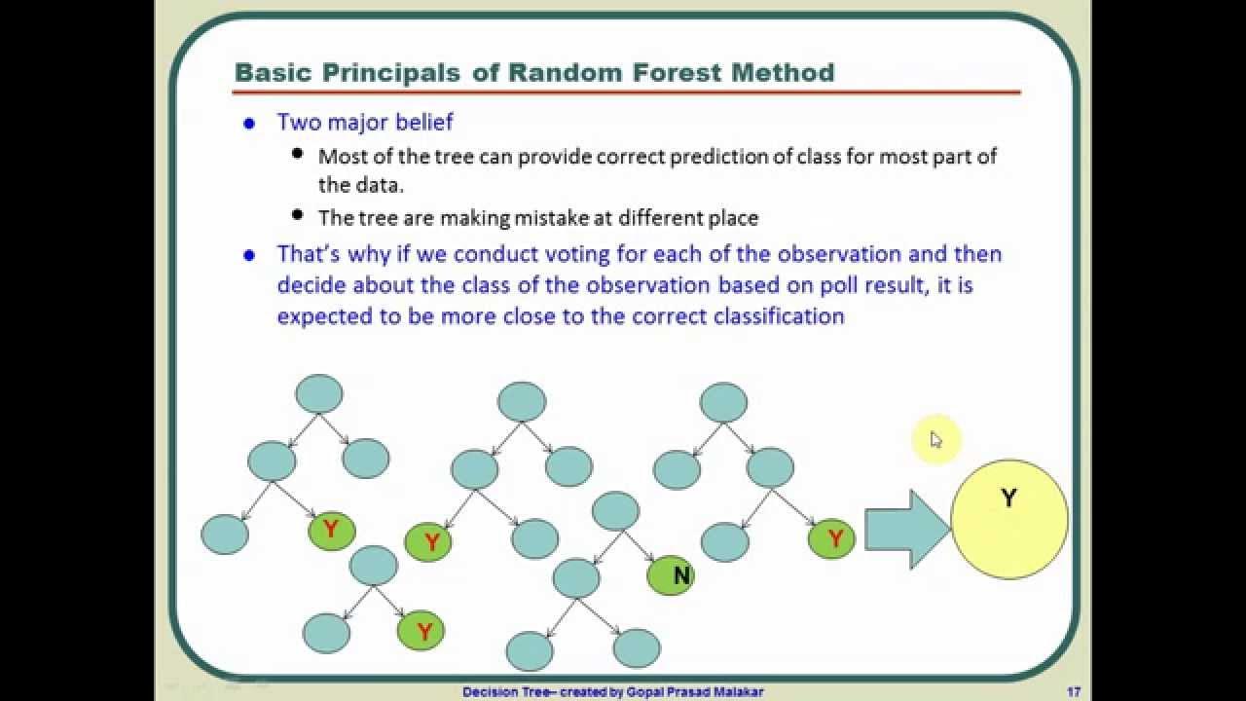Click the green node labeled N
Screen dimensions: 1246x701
671,575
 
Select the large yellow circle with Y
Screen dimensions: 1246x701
1009,519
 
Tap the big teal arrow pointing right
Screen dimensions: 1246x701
907,529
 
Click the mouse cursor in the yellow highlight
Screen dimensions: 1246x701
935,439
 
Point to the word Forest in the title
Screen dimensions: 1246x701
677,72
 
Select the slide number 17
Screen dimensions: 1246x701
1074,691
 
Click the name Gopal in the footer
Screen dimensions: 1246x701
642,692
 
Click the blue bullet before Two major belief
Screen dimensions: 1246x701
249,124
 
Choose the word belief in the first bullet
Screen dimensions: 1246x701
423,122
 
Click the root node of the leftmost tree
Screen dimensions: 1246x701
318,394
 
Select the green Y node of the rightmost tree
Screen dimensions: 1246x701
831,538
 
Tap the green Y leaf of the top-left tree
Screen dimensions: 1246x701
332,531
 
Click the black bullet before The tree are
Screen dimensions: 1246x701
297,214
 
